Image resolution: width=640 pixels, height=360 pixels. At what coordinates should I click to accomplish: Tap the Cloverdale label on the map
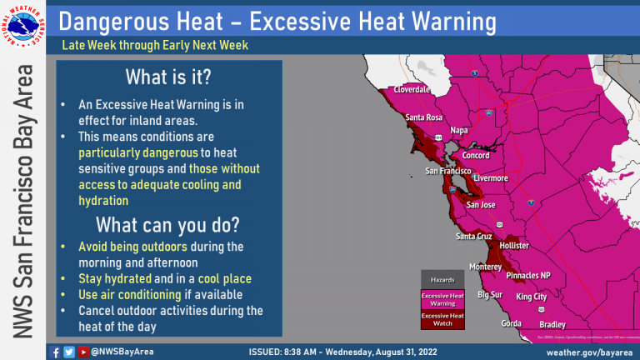(x=411, y=88)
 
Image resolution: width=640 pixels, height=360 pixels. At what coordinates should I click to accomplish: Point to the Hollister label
(x=514, y=246)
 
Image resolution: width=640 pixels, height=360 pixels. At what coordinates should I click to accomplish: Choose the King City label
(x=531, y=297)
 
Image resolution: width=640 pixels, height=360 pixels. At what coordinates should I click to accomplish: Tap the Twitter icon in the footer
(x=68, y=351)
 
